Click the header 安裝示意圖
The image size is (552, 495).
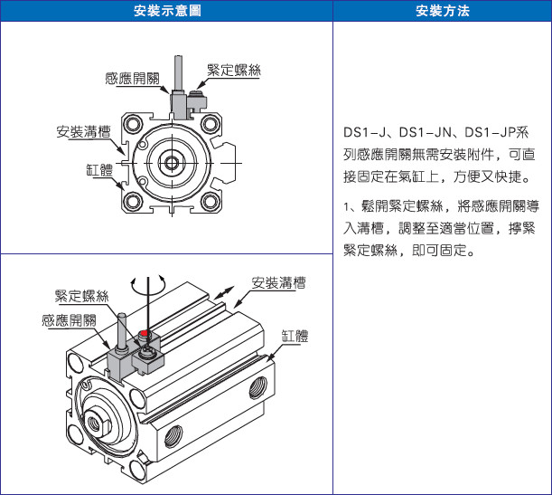pyautogui.click(x=167, y=11)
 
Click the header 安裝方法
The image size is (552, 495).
pyautogui.click(x=443, y=11)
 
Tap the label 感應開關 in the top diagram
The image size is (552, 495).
pyautogui.click(x=133, y=78)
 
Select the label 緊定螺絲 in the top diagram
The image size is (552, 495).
pyautogui.click(x=234, y=70)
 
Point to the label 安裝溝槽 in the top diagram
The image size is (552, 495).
pyautogui.click(x=83, y=131)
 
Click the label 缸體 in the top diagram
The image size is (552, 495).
pyautogui.click(x=99, y=169)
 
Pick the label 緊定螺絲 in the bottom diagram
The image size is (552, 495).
pyautogui.click(x=81, y=296)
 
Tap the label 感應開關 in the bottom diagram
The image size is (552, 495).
pyautogui.click(x=69, y=320)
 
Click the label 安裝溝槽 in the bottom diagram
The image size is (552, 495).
pyautogui.click(x=278, y=282)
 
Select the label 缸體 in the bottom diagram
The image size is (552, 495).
pyautogui.click(x=295, y=336)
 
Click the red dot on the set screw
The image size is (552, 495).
pyautogui.click(x=144, y=332)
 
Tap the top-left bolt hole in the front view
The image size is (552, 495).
pyautogui.click(x=134, y=124)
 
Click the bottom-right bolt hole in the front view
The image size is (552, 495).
pyautogui.click(x=211, y=202)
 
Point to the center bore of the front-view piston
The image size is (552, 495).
pyautogui.click(x=172, y=163)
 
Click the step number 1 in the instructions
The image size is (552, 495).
pyautogui.click(x=346, y=206)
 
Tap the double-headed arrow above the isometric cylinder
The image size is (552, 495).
pyautogui.click(x=225, y=292)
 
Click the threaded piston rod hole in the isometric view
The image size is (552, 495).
pyautogui.click(x=94, y=422)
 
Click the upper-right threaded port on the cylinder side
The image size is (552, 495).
pyautogui.click(x=258, y=387)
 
